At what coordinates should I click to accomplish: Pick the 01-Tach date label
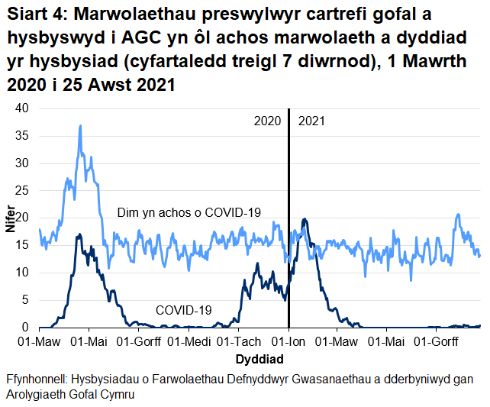238,341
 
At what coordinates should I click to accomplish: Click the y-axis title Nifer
10,218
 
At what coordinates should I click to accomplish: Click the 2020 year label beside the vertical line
268,121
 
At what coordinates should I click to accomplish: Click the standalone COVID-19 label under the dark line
184,310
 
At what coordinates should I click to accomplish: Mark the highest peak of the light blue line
80,126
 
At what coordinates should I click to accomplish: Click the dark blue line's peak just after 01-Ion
305,220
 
